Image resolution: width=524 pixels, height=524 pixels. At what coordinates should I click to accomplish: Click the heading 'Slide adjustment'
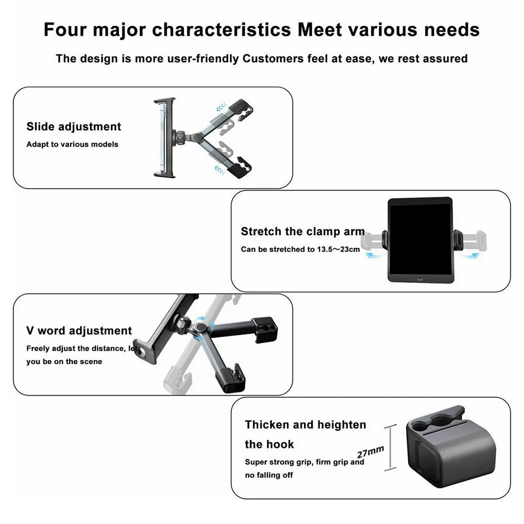[x=73, y=127]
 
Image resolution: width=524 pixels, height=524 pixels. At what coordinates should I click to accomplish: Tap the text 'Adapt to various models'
[x=72, y=144]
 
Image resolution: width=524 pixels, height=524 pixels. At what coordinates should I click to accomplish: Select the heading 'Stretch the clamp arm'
[x=302, y=232]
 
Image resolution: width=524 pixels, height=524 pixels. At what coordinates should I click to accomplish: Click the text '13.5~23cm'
[x=338, y=249]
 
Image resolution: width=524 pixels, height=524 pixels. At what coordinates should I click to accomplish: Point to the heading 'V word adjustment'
[x=79, y=331]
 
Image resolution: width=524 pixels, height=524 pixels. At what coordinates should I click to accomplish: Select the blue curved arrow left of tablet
[x=373, y=254]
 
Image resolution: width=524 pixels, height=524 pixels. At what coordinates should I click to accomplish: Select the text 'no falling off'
[x=269, y=475]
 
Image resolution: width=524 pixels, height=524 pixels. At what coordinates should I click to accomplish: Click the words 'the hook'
[x=269, y=444]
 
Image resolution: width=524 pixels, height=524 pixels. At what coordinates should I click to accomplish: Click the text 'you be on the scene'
[x=64, y=362]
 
